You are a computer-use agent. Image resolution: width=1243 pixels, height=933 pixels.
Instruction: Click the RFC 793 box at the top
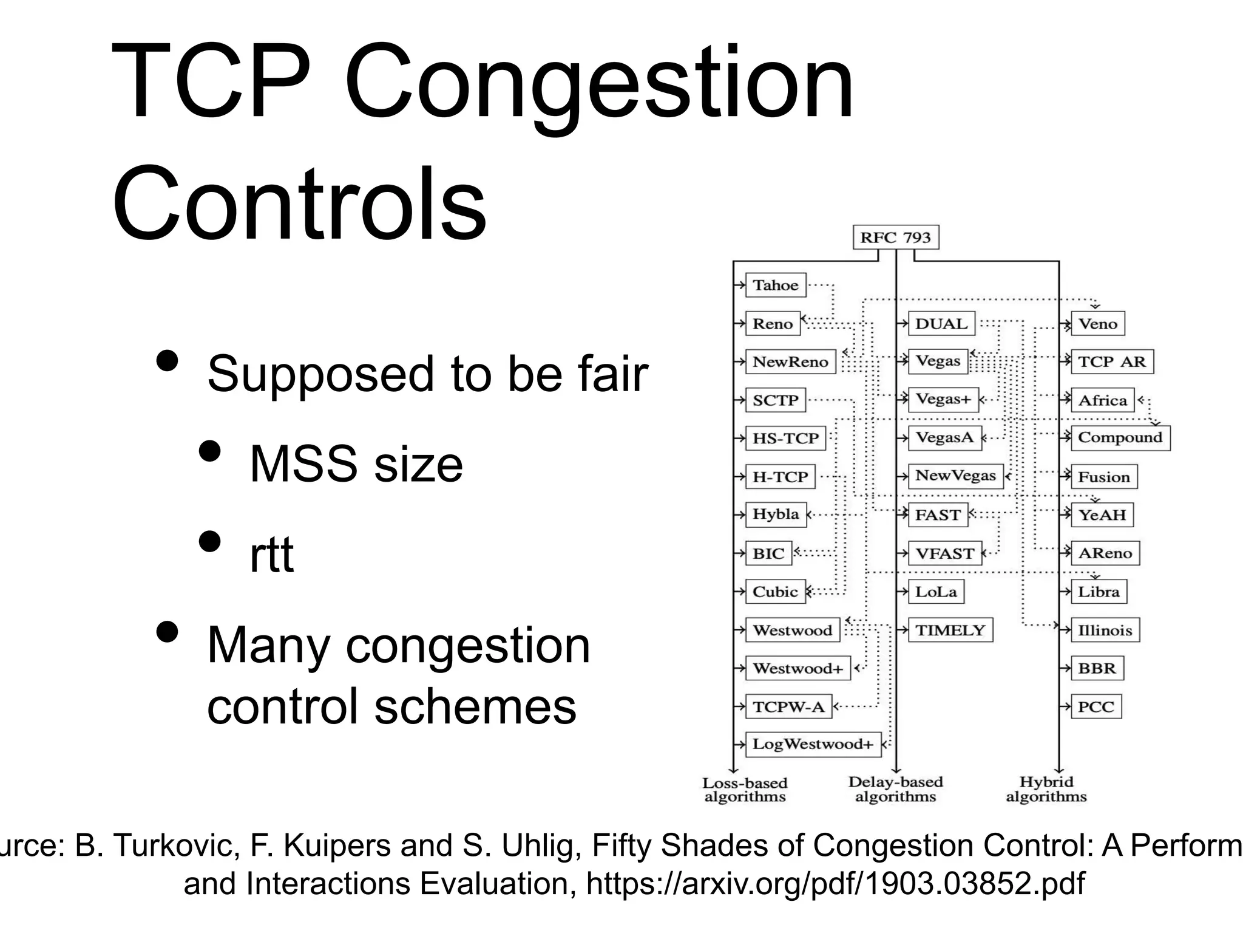click(895, 238)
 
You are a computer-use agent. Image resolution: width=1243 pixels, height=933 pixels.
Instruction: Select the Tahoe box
click(775, 285)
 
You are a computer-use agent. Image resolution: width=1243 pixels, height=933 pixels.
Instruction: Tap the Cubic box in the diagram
click(775, 591)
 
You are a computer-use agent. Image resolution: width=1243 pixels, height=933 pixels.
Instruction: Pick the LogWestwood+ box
click(813, 744)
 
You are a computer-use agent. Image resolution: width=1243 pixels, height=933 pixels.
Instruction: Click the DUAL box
click(941, 324)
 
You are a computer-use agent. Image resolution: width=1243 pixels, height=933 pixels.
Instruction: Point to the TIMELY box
click(950, 630)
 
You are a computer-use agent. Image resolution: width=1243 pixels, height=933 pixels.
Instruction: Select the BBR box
click(1097, 668)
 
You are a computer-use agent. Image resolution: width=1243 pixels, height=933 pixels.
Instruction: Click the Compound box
click(1120, 437)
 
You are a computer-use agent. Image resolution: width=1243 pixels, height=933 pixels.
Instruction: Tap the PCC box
click(1096, 706)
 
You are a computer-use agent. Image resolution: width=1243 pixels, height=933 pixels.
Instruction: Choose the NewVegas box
click(955, 476)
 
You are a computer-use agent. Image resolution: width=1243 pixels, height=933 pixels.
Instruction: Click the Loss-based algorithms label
click(745, 790)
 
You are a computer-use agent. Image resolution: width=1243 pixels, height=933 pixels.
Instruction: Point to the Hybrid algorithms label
click(1046, 789)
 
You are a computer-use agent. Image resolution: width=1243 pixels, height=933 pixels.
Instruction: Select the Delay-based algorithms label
click(895, 789)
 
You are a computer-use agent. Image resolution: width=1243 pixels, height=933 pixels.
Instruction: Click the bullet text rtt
click(271, 554)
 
